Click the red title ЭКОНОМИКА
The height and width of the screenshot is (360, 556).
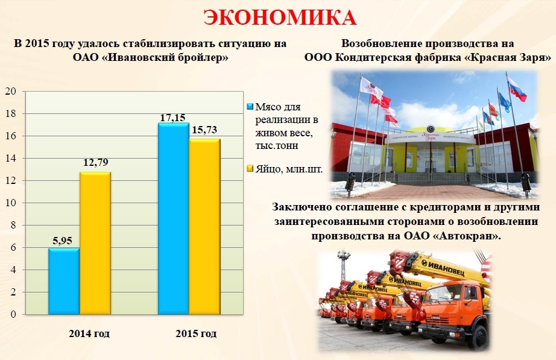click(x=280, y=17)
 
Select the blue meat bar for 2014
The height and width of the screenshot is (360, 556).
click(x=64, y=281)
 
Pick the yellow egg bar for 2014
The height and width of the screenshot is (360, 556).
click(x=95, y=243)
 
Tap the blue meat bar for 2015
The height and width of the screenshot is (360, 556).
click(x=174, y=218)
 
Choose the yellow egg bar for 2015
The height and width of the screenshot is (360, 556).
click(x=204, y=227)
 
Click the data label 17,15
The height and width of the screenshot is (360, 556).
click(x=172, y=118)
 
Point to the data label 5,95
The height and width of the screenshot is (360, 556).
click(x=62, y=241)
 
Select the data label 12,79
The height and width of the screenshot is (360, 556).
click(x=96, y=162)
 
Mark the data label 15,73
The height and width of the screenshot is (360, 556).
click(x=204, y=130)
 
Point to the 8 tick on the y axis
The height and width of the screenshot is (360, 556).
click(x=13, y=225)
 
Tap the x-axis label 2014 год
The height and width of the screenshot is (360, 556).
click(x=89, y=333)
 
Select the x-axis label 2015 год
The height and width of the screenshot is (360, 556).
click(x=196, y=333)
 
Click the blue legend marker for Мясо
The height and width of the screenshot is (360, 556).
click(x=250, y=106)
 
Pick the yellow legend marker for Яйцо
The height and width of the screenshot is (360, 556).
click(x=250, y=168)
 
